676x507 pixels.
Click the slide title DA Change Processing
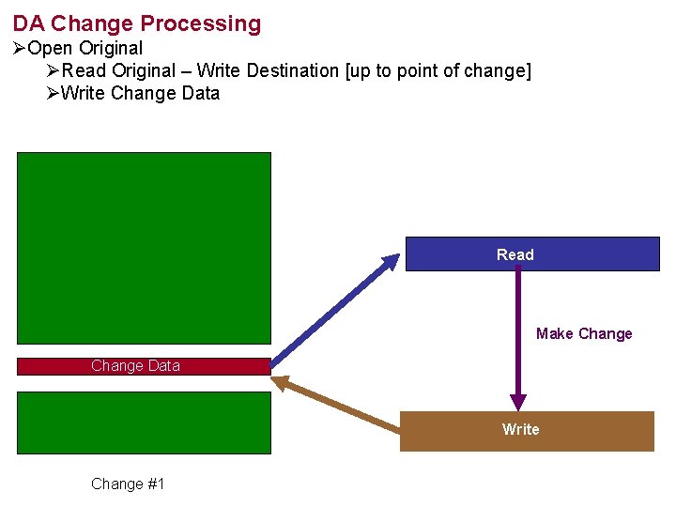tap(137, 23)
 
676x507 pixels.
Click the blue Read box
tap(531, 254)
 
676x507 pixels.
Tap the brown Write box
tap(527, 431)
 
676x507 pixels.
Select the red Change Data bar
tap(144, 366)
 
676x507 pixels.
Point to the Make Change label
tap(584, 333)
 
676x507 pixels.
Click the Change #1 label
tap(128, 484)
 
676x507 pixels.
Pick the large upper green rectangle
tap(144, 248)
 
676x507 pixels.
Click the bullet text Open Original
tap(85, 48)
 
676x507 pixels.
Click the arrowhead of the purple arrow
tap(517, 402)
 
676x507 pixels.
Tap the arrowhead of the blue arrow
tap(391, 262)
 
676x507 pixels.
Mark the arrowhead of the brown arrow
tap(282, 382)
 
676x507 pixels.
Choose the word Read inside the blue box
tap(515, 254)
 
